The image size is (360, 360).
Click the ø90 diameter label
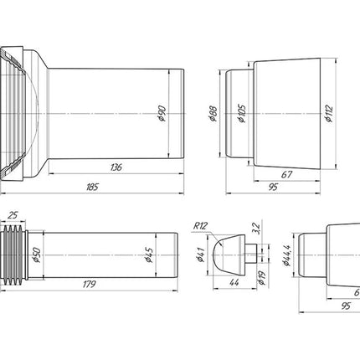[162, 114]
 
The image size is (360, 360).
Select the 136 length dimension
[116, 167]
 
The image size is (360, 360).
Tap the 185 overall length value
[92, 187]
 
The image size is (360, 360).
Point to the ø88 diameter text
[213, 114]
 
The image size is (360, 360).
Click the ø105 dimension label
[242, 114]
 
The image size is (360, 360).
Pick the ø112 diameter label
[329, 114]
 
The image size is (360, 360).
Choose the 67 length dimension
[286, 175]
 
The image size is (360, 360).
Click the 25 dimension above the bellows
[13, 215]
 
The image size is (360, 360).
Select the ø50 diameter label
[37, 255]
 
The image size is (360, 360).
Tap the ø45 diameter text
[149, 255]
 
